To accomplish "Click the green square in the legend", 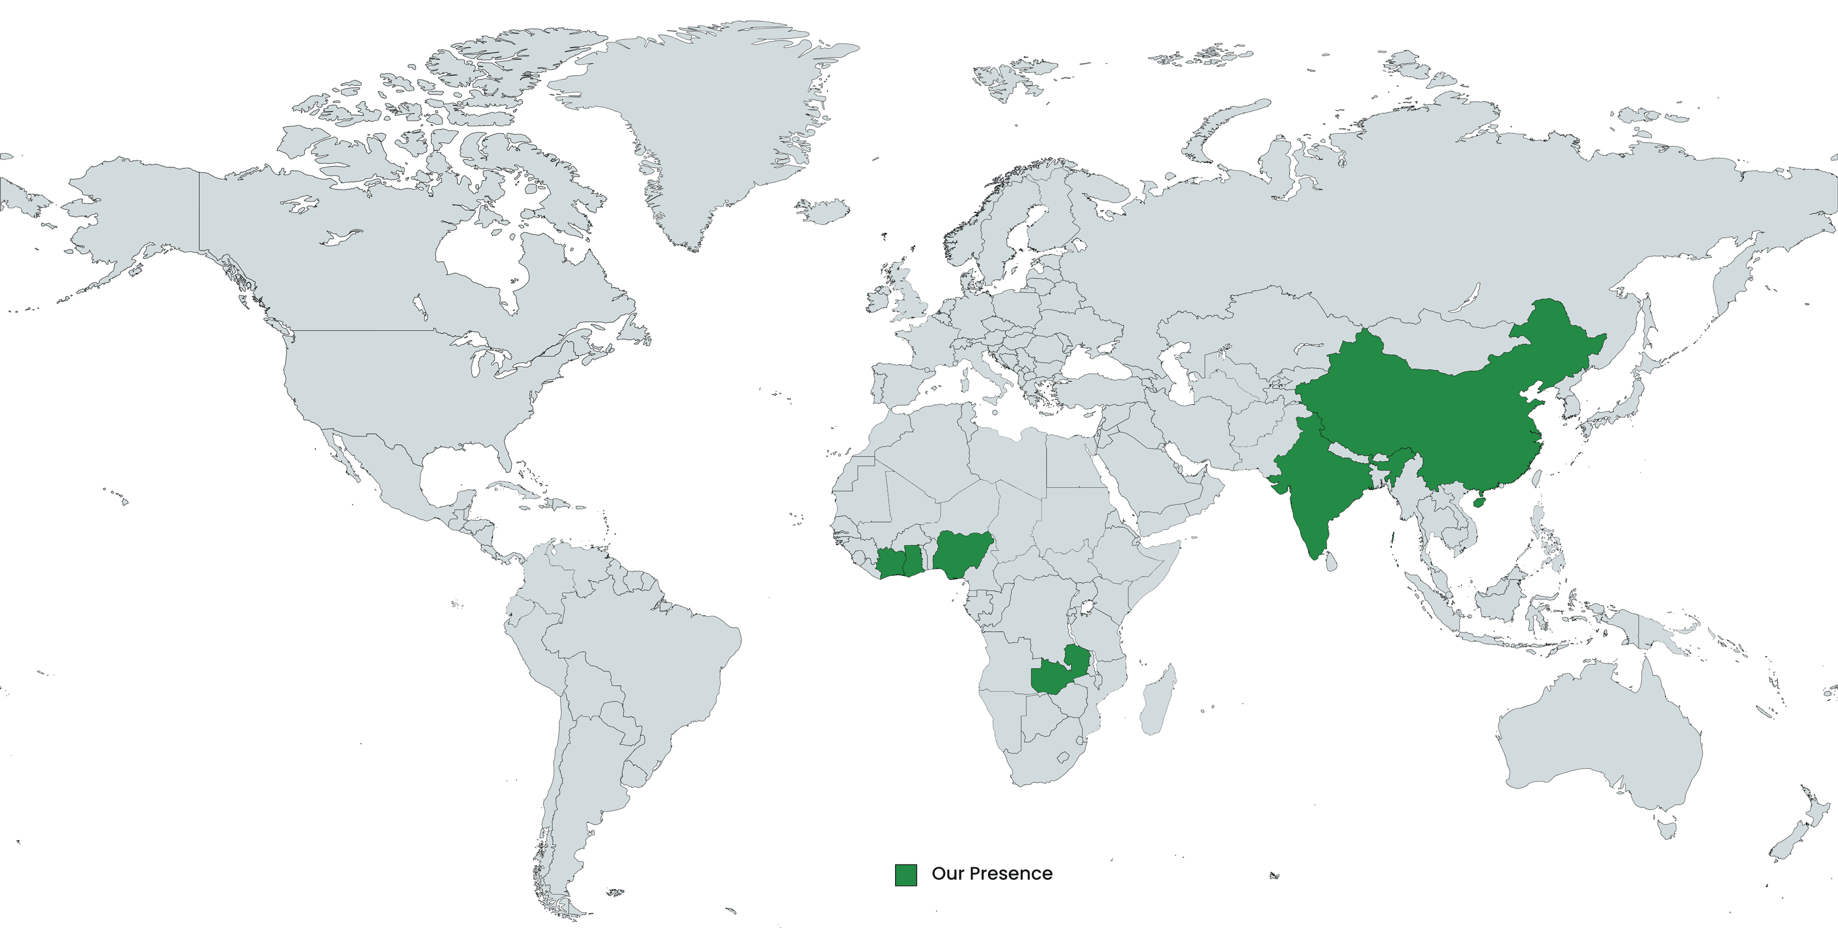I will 905,875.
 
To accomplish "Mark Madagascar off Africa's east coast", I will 1157,702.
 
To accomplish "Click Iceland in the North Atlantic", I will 825,211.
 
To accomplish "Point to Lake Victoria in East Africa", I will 1089,608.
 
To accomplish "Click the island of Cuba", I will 520,492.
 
